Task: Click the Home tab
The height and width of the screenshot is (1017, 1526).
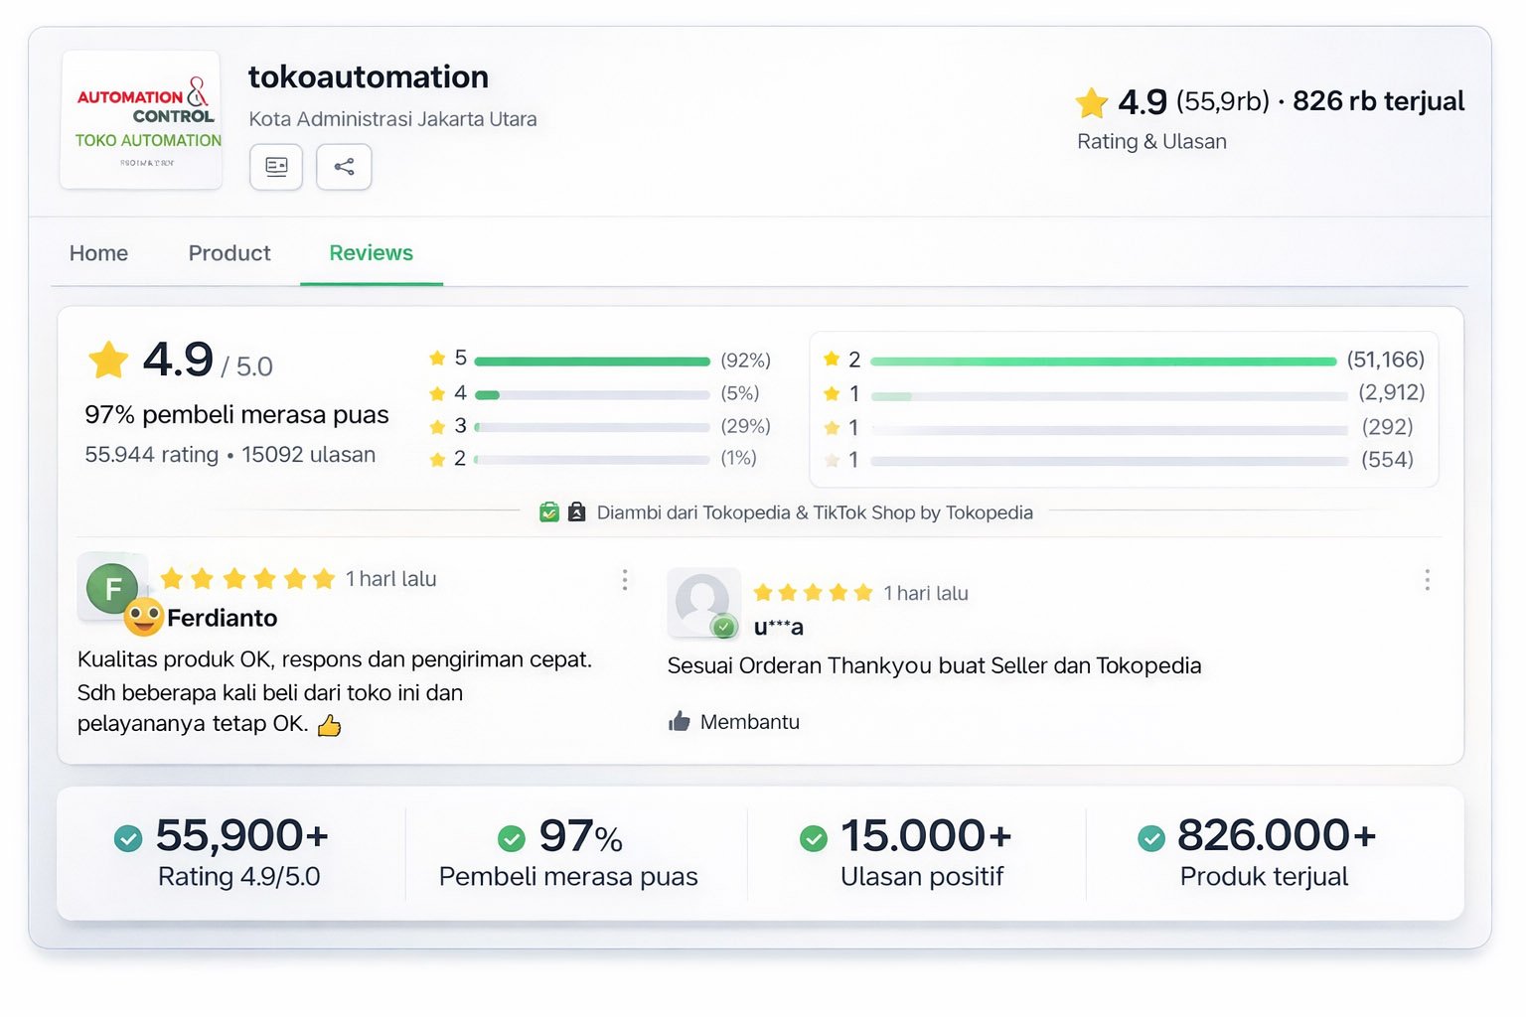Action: click(98, 253)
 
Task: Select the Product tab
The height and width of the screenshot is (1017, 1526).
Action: click(229, 253)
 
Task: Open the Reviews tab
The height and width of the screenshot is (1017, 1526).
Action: click(371, 253)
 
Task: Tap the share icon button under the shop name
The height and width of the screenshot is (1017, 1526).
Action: click(344, 167)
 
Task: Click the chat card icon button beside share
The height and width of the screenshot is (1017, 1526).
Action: click(276, 167)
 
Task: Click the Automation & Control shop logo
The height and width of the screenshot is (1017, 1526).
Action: click(142, 120)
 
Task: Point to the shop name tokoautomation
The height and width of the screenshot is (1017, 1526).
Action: click(368, 77)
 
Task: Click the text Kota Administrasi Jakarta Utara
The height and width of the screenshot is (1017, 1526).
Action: click(392, 119)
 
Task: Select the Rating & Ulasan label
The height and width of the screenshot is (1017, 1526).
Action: click(1151, 142)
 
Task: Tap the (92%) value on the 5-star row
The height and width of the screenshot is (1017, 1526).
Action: click(745, 360)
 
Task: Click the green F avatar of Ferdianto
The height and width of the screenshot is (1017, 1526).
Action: click(112, 589)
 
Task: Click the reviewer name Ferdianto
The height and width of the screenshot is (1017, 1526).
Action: click(222, 618)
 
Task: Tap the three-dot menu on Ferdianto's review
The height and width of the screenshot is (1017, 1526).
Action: click(625, 580)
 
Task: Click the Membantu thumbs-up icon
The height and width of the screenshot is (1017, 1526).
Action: click(680, 721)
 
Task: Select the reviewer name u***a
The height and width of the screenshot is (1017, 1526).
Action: click(778, 627)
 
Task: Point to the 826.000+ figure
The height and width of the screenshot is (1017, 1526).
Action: click(1276, 835)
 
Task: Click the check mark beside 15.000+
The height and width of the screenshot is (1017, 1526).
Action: click(814, 839)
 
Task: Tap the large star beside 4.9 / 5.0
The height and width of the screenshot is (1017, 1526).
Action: click(108, 360)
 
